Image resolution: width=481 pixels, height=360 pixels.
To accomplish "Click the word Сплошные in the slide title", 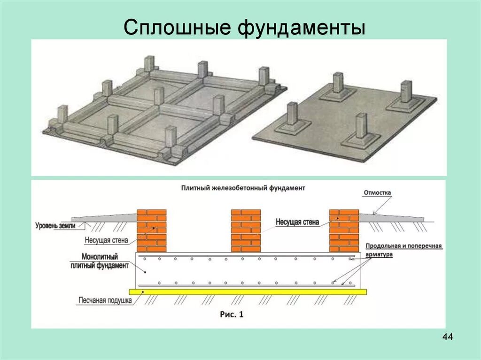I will pos(178,28).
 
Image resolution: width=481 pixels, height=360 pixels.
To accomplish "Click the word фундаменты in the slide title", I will pos(300,28).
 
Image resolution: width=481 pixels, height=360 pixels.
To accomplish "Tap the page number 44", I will pos(447,337).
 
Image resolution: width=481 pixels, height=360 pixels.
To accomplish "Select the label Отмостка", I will pos(377,193).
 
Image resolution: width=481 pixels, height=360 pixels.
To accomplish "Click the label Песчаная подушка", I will pos(105,301).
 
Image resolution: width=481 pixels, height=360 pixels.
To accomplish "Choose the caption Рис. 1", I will pos(232,314).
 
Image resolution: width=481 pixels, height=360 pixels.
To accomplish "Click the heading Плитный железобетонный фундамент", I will pos(243,188).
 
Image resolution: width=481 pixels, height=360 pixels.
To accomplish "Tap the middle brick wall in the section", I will pos(246,230).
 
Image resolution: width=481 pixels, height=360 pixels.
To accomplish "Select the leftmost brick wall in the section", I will pos(151,230).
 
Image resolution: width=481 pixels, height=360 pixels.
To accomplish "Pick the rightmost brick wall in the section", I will pos(344,230).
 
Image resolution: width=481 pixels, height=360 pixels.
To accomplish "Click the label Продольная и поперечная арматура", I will pos(403,250).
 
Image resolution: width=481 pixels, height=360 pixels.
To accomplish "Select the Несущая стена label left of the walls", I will pos(106,241).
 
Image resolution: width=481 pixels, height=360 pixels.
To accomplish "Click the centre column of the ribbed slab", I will pos(159,96).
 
